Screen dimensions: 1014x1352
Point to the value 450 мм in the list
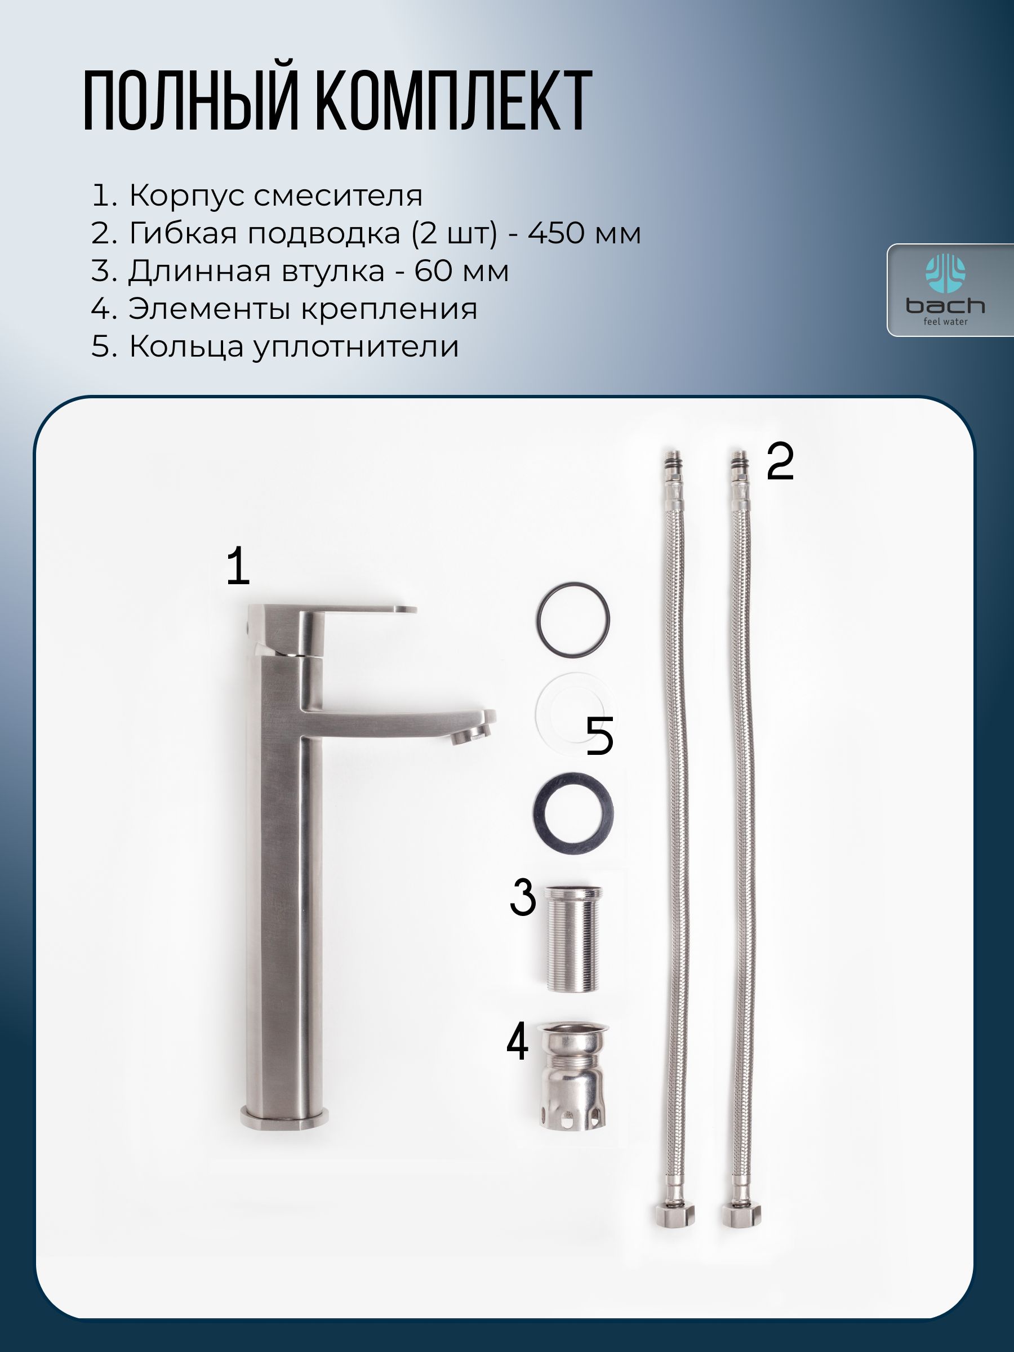pyautogui.click(x=584, y=233)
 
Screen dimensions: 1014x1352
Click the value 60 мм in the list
pyautogui.click(x=461, y=271)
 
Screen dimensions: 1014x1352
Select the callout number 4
pyautogui.click(x=517, y=1043)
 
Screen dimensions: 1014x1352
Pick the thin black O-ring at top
pyautogui.click(x=573, y=620)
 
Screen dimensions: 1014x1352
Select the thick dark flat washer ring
pyautogui.click(x=573, y=812)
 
